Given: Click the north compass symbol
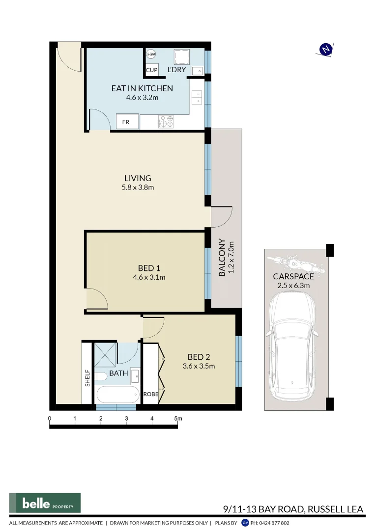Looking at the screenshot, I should [x=325, y=49].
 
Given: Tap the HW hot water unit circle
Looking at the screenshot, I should [x=151, y=54].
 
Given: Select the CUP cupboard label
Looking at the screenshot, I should [x=151, y=70].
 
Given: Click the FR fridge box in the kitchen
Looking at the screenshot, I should [x=126, y=122].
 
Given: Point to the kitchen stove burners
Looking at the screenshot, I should [x=166, y=122].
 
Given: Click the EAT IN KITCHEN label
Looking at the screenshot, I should [x=142, y=88].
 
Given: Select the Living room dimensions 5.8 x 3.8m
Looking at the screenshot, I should [x=138, y=187].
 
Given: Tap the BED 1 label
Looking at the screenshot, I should [x=149, y=268].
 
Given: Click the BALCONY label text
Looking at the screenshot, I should [x=222, y=258].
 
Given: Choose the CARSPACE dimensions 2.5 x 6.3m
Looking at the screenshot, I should [x=293, y=285].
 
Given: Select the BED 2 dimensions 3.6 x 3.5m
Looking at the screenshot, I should [x=198, y=366].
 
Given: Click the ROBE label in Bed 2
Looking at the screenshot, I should [x=150, y=394].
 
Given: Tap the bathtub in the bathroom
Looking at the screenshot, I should [x=118, y=395].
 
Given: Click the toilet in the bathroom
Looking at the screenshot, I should [x=101, y=377].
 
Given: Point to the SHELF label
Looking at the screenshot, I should [x=87, y=378].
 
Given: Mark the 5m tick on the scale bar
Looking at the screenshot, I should [x=178, y=419].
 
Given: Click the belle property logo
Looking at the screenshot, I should [x=45, y=503].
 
